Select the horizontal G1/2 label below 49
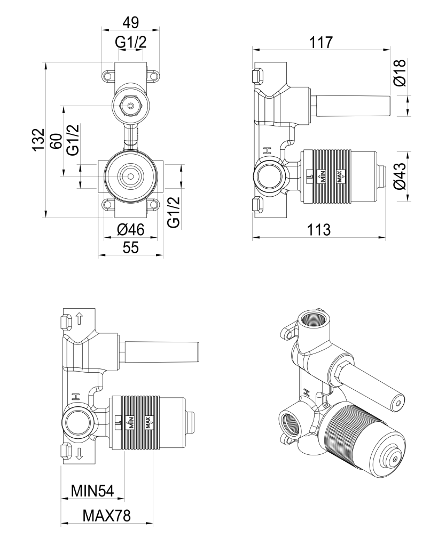pyautogui.click(x=130, y=43)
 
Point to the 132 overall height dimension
pyautogui.click(x=37, y=140)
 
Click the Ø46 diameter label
pyautogui.click(x=130, y=230)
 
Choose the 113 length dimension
pyautogui.click(x=319, y=230)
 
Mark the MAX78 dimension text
pyautogui.click(x=107, y=516)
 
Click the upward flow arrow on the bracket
pyautogui.click(x=79, y=319)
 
